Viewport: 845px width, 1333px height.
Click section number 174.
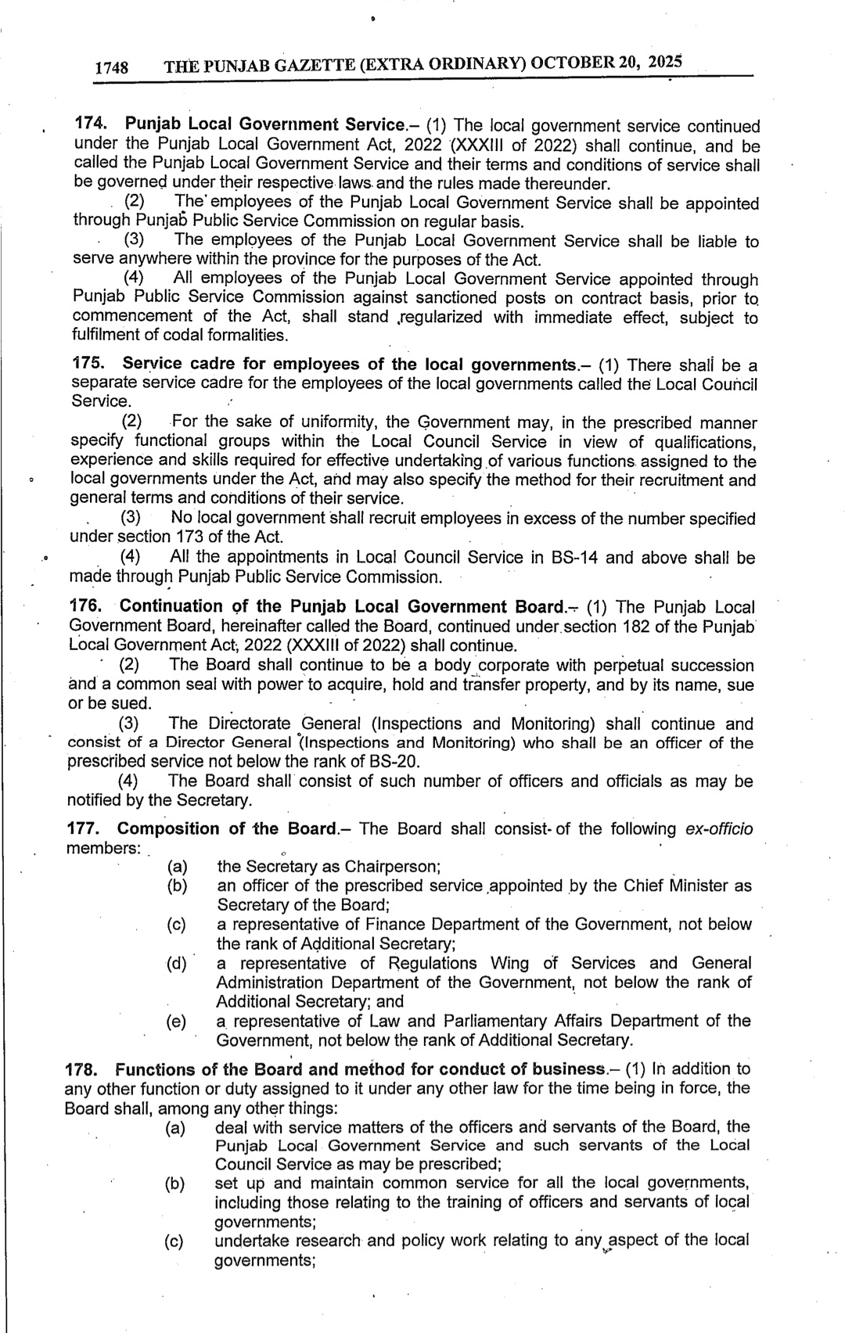tap(90, 124)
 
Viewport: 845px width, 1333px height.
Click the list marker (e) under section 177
tap(176, 1022)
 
